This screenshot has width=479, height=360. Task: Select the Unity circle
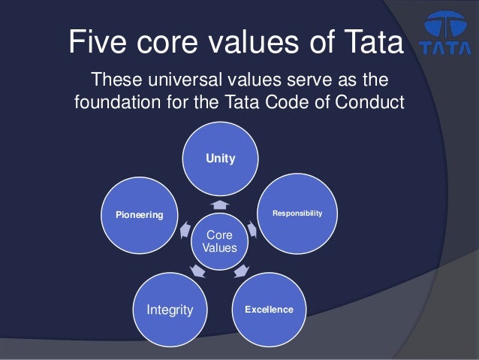pos(221,159)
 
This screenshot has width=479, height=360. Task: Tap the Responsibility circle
pos(298,213)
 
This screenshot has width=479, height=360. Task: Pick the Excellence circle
pos(269,309)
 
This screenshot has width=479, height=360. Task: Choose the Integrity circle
pos(169,309)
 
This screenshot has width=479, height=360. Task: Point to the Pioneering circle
pos(139,214)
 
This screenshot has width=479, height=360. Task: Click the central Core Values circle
pos(220,241)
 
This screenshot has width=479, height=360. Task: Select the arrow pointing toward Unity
pos(220,204)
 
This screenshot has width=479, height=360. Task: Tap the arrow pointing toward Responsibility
pos(253,229)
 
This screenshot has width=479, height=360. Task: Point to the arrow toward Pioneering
pos(185,231)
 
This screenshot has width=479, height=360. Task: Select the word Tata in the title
pos(367,42)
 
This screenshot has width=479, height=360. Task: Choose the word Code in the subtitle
pos(284,101)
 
